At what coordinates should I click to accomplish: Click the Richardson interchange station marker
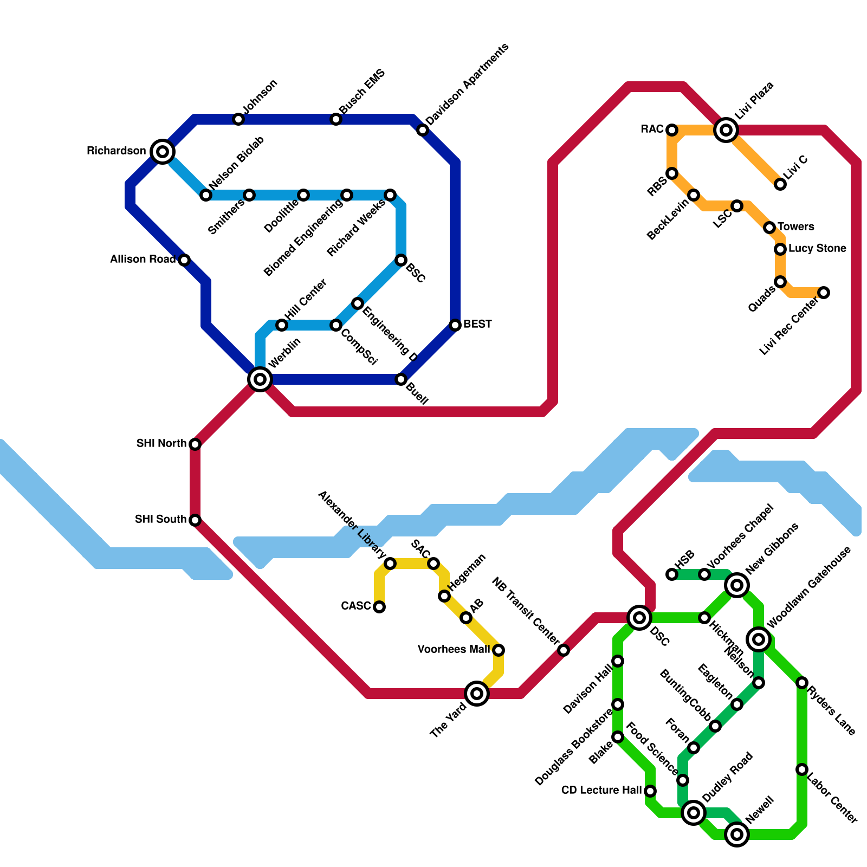[x=163, y=152]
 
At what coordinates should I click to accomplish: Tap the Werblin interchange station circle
[x=260, y=379]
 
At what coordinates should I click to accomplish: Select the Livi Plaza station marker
[x=726, y=130]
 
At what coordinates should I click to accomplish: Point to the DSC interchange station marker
[x=639, y=618]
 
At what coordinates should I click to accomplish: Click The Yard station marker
[x=477, y=693]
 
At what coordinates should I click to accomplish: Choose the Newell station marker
[x=737, y=834]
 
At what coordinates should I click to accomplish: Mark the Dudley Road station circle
[x=694, y=813]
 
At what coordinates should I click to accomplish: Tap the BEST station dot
[x=455, y=325]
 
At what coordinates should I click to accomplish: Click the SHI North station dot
[x=195, y=444]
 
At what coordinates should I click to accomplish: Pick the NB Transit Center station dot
[x=564, y=650]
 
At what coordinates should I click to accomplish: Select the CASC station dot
[x=379, y=607]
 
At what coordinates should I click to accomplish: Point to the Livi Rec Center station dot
[x=824, y=293]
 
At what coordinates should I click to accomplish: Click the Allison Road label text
[x=143, y=260]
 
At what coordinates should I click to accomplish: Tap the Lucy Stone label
[x=817, y=249]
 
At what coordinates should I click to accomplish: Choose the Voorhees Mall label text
[x=454, y=650]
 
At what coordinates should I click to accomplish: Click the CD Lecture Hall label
[x=601, y=791]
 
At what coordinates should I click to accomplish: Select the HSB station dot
[x=672, y=574]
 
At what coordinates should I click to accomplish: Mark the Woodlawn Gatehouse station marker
[x=759, y=639]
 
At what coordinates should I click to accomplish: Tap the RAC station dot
[x=672, y=130]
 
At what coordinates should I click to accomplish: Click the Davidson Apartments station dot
[x=423, y=130]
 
